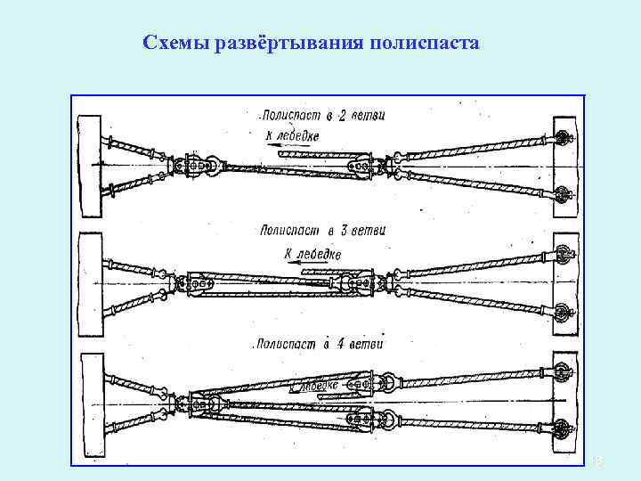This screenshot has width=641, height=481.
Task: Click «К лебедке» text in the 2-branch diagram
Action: coord(291,135)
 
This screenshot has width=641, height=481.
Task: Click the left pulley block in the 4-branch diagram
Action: coord(196,405)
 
